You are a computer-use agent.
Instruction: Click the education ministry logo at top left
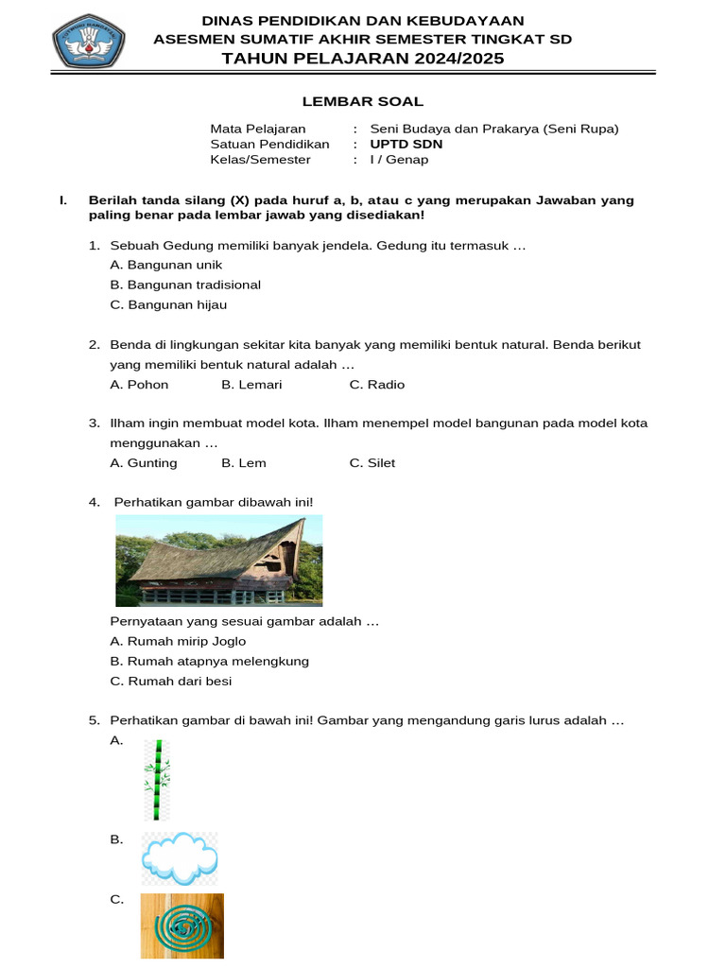pos(88,41)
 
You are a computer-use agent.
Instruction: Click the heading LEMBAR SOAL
pos(362,101)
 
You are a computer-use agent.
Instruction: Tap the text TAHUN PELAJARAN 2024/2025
pos(362,59)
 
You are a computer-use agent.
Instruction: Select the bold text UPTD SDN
pos(406,145)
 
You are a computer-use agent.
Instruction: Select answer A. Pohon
pos(139,385)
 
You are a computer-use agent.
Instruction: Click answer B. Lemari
pos(251,385)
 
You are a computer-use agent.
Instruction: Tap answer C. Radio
pos(376,385)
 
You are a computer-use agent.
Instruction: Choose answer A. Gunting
pos(143,463)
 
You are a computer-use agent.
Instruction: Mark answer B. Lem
pos(244,463)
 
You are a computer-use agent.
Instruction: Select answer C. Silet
pos(372,463)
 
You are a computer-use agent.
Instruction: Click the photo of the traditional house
pos(218,561)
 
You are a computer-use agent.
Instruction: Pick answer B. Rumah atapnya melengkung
pos(209,662)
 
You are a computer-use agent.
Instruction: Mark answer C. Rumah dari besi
pos(170,682)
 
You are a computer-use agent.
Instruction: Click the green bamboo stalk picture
pos(157,780)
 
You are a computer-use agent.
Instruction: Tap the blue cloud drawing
pos(179,857)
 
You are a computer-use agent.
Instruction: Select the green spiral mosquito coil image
pos(181,926)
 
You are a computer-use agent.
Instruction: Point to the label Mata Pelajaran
pos(257,130)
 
